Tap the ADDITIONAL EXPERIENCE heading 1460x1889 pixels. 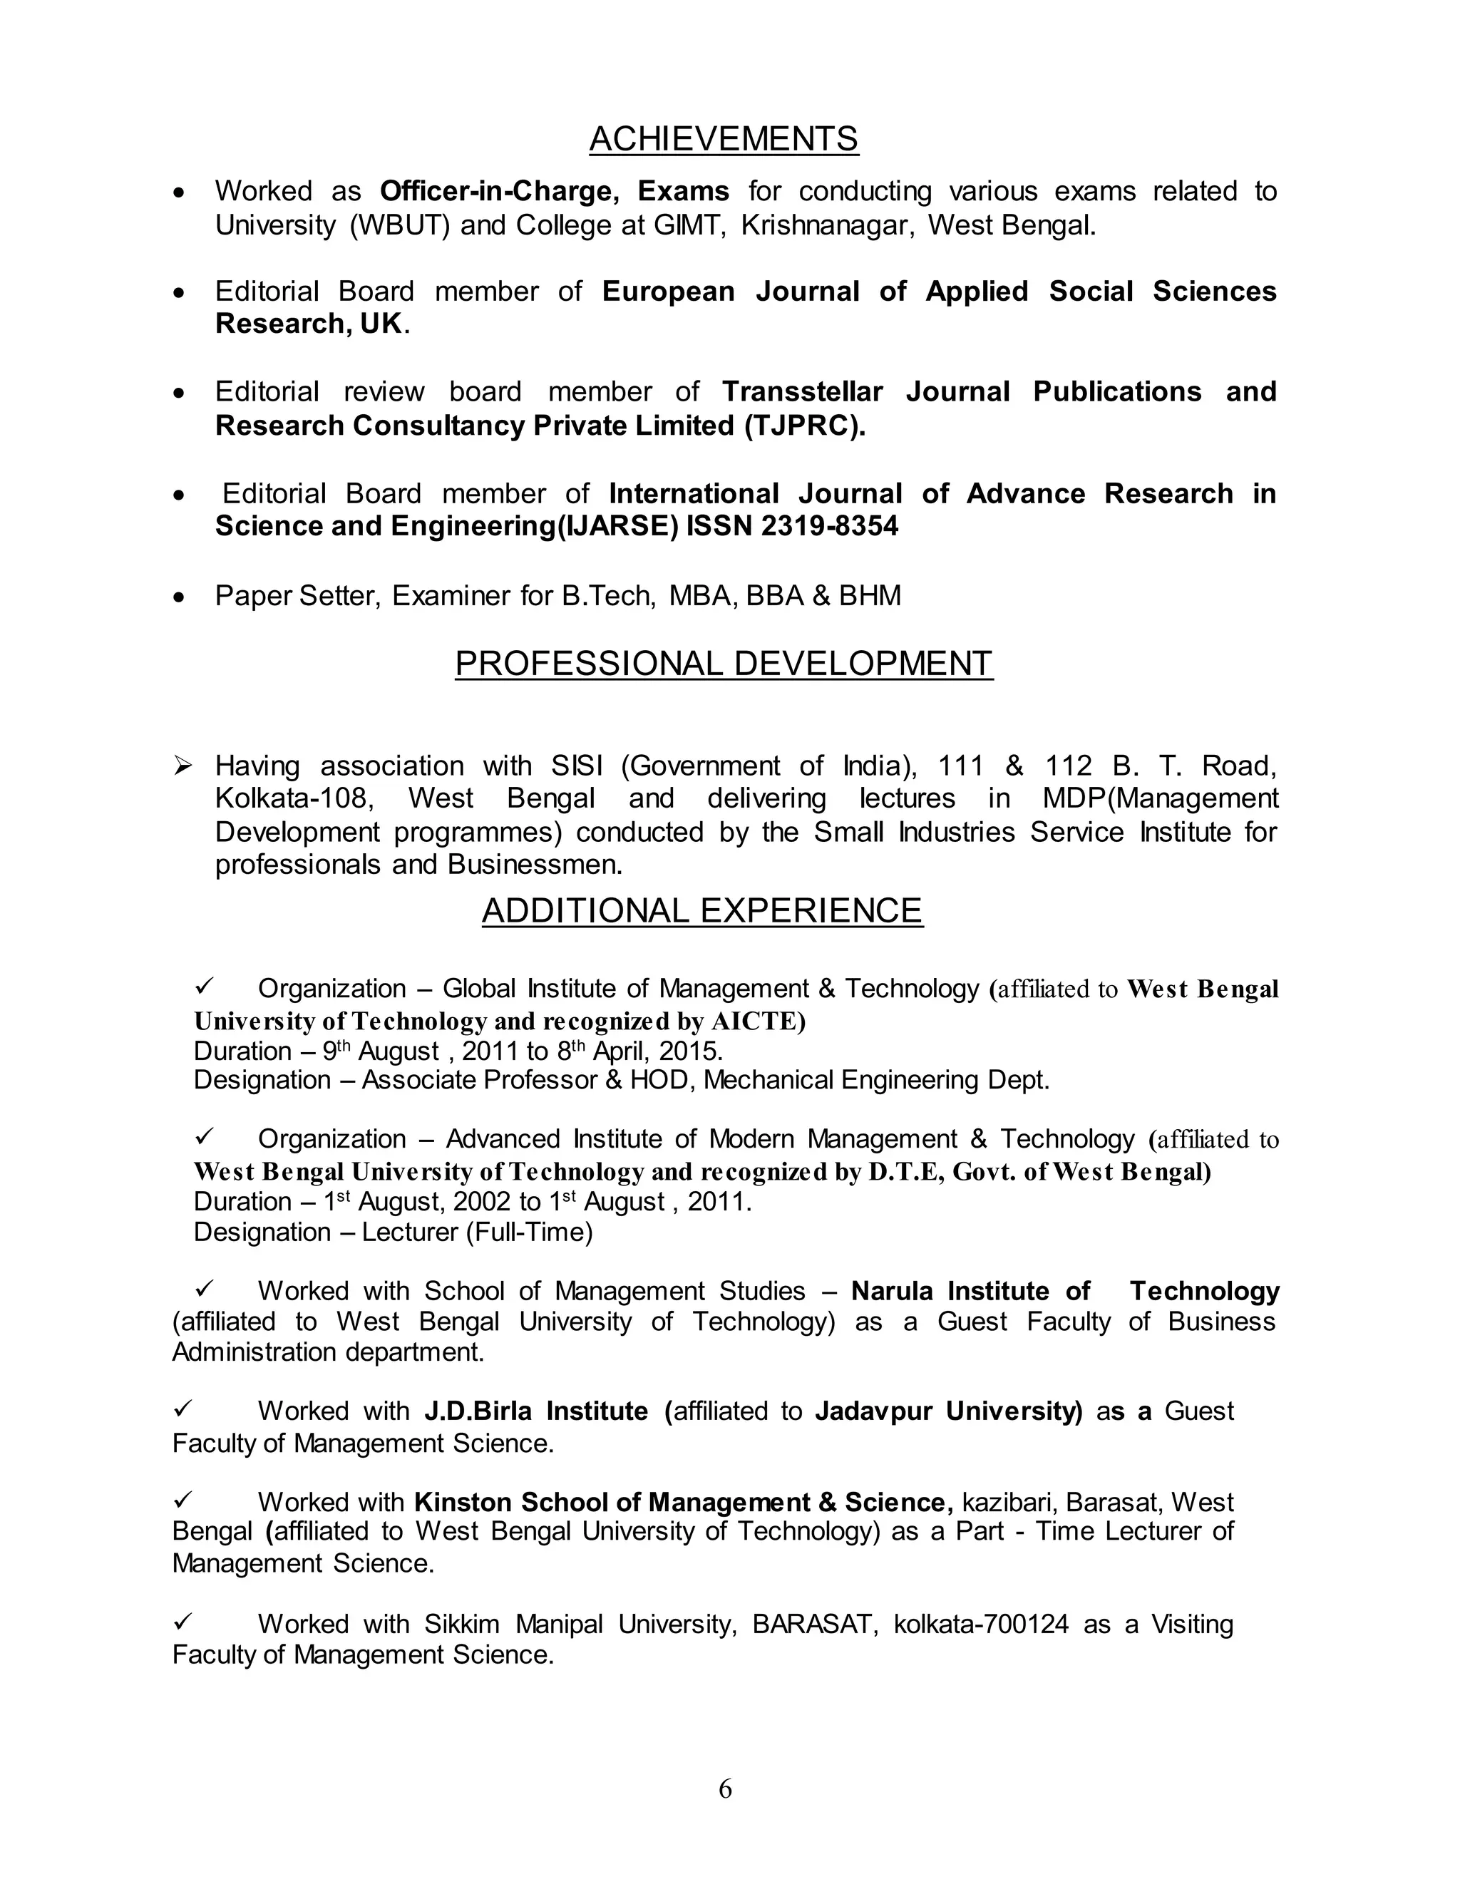click(x=701, y=911)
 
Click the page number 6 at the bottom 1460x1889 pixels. click(x=725, y=1788)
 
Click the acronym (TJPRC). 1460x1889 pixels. click(x=803, y=426)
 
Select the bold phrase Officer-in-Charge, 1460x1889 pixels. click(x=499, y=191)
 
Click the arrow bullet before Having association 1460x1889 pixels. click(x=182, y=766)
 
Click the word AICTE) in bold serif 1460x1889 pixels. click(x=758, y=1021)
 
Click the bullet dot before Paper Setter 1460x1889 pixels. click(x=179, y=597)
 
